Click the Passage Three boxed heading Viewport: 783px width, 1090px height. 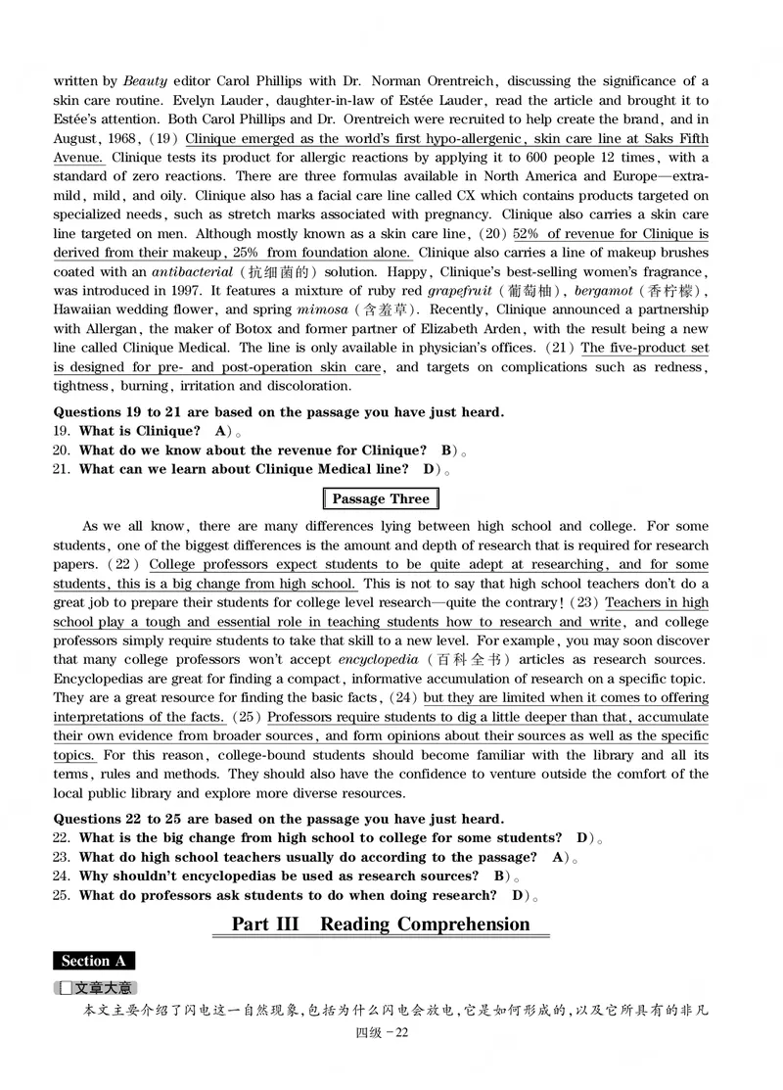point(381,498)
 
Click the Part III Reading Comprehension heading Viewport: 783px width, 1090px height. point(381,924)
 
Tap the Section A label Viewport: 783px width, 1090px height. point(94,961)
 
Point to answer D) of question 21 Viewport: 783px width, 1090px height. point(431,469)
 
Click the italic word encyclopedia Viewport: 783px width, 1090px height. point(373,659)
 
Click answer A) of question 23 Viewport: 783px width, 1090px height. point(561,857)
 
